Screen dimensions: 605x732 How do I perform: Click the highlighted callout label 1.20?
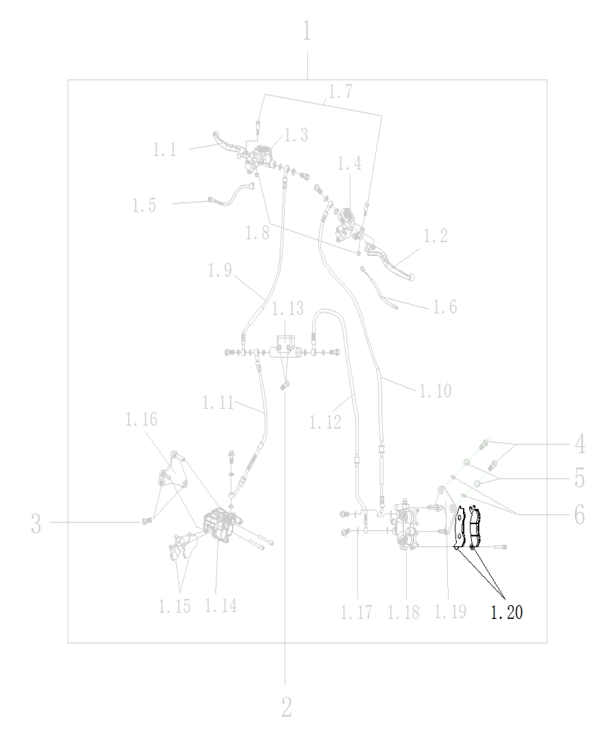(506, 612)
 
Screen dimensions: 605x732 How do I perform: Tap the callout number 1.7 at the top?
(340, 91)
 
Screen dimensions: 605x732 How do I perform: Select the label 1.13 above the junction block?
(288, 309)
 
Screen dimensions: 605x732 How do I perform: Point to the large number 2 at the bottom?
(287, 708)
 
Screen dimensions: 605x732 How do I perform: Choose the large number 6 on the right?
(580, 515)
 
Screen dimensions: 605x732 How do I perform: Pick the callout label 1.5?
(144, 205)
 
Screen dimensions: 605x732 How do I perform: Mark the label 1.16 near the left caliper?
(141, 419)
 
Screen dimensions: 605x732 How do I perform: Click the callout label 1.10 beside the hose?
(435, 391)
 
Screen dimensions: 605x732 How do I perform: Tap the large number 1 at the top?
(306, 32)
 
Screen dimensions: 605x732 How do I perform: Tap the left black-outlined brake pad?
(460, 527)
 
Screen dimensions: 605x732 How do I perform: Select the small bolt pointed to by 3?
(146, 520)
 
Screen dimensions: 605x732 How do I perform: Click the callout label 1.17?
(357, 612)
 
